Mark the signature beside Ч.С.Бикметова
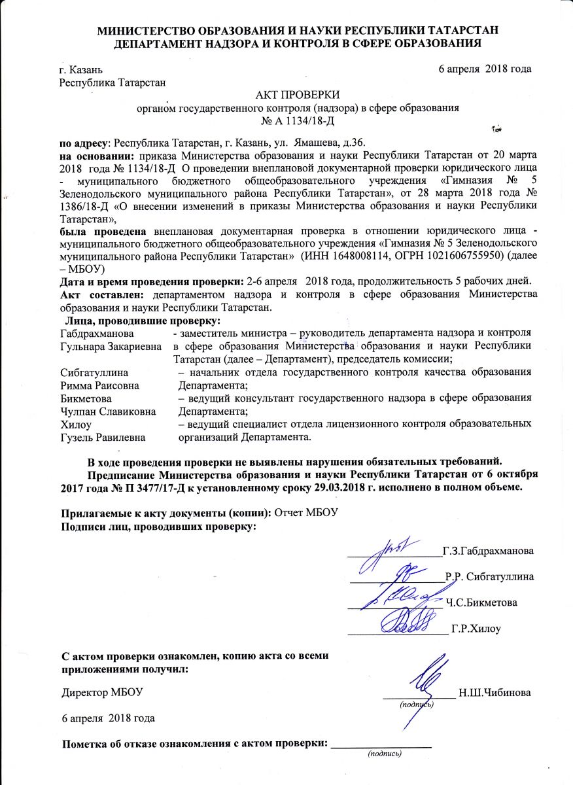[x=402, y=597]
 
